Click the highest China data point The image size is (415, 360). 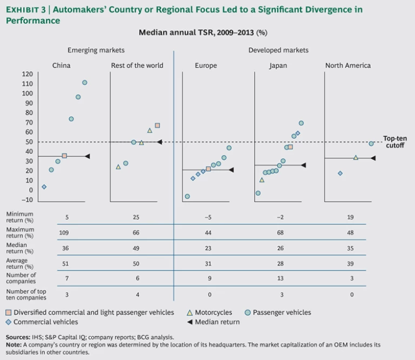(x=85, y=83)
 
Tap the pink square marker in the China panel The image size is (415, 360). (x=64, y=155)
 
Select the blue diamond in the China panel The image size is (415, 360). (x=44, y=187)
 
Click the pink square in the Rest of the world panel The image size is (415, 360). (x=157, y=125)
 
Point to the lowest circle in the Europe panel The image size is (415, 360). (x=188, y=196)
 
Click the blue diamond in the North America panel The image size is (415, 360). (x=340, y=173)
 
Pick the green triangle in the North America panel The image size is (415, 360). (x=356, y=158)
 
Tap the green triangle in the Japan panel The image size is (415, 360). (x=262, y=180)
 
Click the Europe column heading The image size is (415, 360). (x=206, y=66)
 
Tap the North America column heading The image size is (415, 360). (x=348, y=66)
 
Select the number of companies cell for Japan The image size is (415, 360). (x=281, y=278)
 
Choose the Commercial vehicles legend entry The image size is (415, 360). (x=45, y=322)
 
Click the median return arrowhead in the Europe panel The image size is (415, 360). (x=231, y=170)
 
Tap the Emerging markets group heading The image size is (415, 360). (x=96, y=50)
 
